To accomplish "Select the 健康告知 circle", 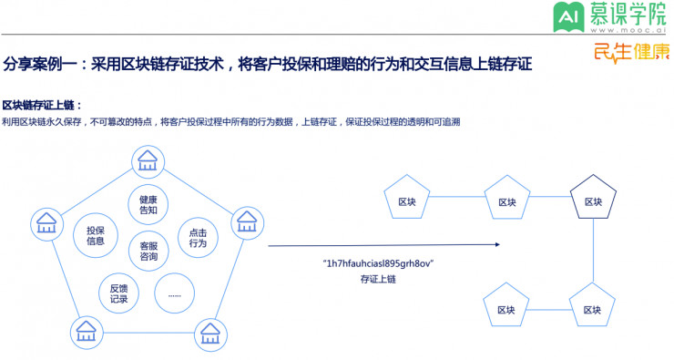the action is click(x=148, y=205).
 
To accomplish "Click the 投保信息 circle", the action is click(x=96, y=236).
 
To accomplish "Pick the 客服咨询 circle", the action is click(x=148, y=251).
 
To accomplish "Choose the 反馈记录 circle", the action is click(x=118, y=293).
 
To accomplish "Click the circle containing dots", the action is click(x=174, y=293).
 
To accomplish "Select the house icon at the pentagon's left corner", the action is click(x=46, y=221).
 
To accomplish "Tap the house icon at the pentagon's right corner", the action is click(x=246, y=221).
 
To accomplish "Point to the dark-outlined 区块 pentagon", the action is click(x=593, y=201).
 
